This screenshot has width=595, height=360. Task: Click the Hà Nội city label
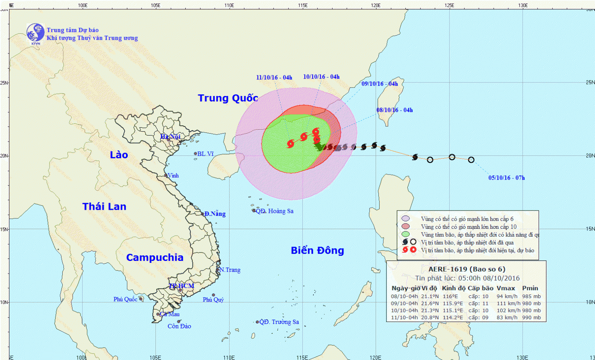click(x=170, y=137)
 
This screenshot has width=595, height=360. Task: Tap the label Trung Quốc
click(x=228, y=98)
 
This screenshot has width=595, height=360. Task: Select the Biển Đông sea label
click(x=317, y=250)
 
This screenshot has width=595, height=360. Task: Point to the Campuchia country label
click(x=155, y=257)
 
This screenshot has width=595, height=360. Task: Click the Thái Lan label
click(x=104, y=206)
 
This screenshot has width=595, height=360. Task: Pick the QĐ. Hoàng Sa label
click(x=274, y=211)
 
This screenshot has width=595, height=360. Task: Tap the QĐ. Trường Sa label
click(x=279, y=322)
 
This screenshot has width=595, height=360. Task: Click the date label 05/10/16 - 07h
click(x=506, y=178)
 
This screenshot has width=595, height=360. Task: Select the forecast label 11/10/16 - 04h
click(x=274, y=77)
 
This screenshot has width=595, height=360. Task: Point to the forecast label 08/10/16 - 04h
click(x=394, y=110)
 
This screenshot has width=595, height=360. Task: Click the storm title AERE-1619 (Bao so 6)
click(x=467, y=269)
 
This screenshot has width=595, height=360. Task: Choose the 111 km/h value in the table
click(x=507, y=303)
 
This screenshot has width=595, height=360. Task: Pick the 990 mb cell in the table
click(x=531, y=317)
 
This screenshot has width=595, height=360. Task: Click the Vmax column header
click(x=506, y=288)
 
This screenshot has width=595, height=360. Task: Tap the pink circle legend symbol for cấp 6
click(x=405, y=218)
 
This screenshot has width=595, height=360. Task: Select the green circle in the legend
click(x=405, y=234)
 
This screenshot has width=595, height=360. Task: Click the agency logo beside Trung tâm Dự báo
click(x=35, y=33)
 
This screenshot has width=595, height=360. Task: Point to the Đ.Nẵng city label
click(x=215, y=214)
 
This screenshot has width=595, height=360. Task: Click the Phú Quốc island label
click(x=125, y=299)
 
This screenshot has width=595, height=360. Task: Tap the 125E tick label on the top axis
click(x=449, y=5)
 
